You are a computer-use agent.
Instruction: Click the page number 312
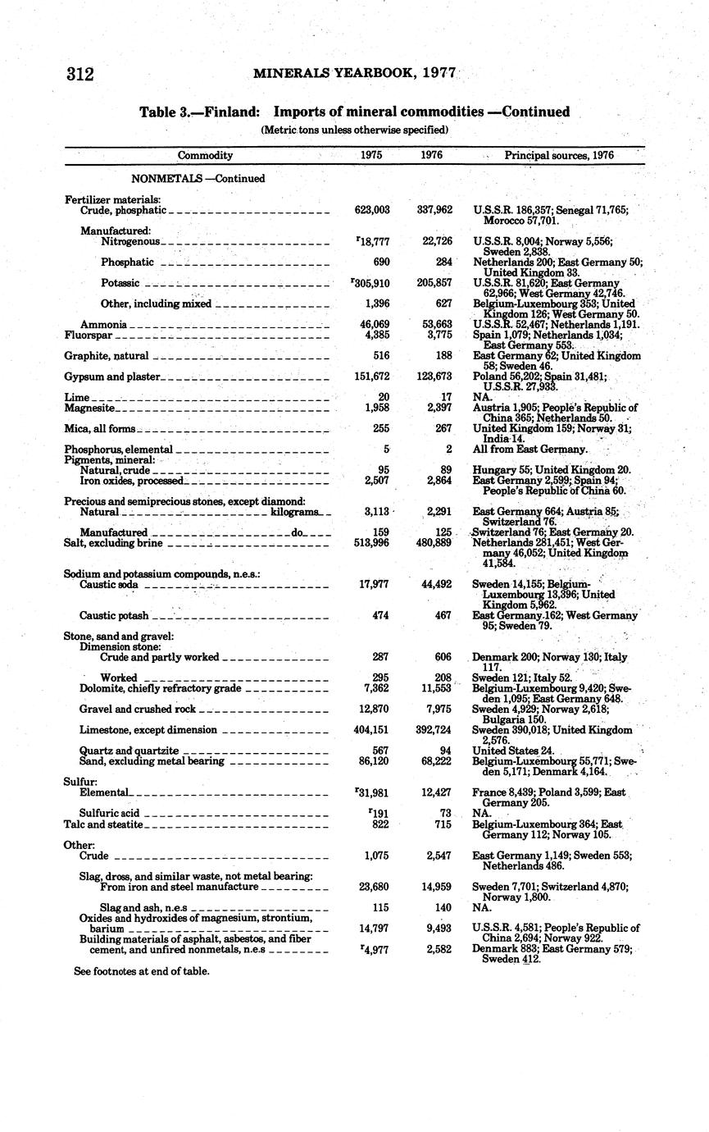[x=80, y=75]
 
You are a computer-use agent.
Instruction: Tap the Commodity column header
[x=205, y=155]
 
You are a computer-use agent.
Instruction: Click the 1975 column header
[x=371, y=155]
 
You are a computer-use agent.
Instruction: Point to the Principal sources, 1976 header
[x=558, y=155]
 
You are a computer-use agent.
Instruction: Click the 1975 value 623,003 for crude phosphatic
[x=371, y=210]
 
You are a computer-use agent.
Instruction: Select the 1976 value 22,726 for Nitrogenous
[x=435, y=241]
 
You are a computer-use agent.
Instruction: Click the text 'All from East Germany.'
[x=529, y=450]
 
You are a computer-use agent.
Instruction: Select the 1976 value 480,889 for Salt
[x=434, y=543]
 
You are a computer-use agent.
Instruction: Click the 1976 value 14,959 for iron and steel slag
[x=434, y=887]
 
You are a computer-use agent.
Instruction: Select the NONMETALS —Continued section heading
[x=198, y=178]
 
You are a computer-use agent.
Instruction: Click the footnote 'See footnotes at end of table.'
[x=141, y=970]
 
